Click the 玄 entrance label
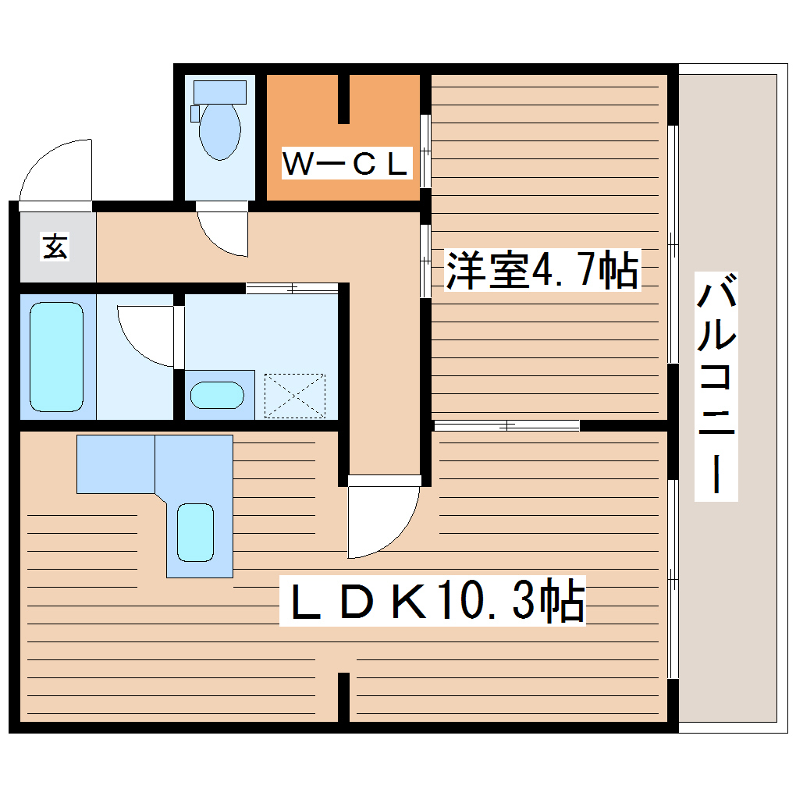point(55,247)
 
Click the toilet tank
point(219,91)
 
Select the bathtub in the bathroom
point(56,357)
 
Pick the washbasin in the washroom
point(217,395)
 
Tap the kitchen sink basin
point(195,532)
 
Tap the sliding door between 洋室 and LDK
point(507,425)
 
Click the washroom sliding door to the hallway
point(292,288)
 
